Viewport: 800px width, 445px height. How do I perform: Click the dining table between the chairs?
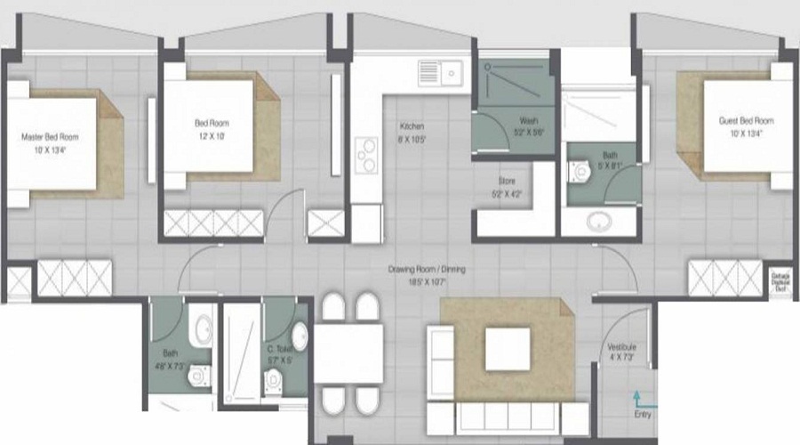pos(348,353)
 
